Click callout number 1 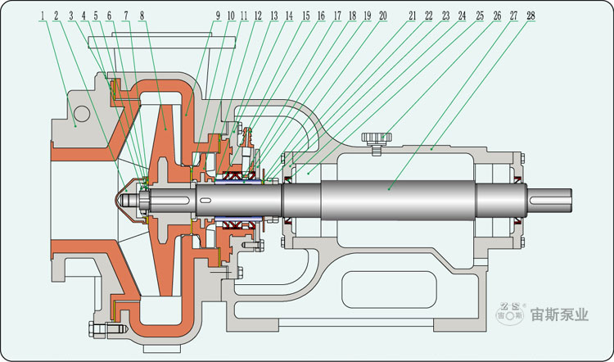click(43, 16)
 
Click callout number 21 click(413, 16)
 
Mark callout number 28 click(531, 16)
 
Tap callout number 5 click(96, 16)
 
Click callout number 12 click(258, 16)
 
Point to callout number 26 click(497, 16)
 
